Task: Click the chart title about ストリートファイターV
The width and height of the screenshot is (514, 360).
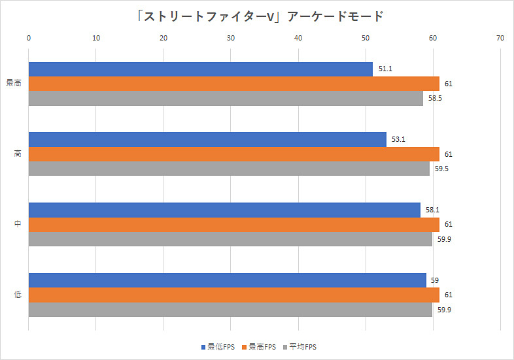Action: pyautogui.click(x=256, y=16)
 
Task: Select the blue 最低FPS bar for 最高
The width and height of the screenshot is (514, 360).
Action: pyautogui.click(x=200, y=69)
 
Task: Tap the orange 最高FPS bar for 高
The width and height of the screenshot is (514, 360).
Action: pyautogui.click(x=233, y=154)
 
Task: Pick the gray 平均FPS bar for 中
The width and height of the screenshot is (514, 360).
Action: pyautogui.click(x=230, y=238)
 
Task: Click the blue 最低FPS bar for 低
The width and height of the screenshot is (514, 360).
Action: pyautogui.click(x=227, y=280)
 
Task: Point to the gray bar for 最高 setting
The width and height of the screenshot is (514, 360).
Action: pyautogui.click(x=226, y=98)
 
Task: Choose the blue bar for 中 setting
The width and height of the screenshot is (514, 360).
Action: pyautogui.click(x=224, y=210)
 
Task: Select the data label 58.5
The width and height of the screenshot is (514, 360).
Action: pyautogui.click(x=434, y=98)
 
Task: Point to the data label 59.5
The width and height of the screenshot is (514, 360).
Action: pyautogui.click(x=441, y=169)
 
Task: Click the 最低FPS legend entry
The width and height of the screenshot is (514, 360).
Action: pyautogui.click(x=219, y=346)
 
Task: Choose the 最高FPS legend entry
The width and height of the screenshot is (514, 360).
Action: pyautogui.click(x=259, y=346)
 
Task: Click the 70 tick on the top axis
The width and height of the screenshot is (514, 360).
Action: pyautogui.click(x=500, y=39)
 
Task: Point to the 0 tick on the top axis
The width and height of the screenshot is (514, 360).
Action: pyautogui.click(x=29, y=39)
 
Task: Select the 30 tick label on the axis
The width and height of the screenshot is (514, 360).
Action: pyautogui.click(x=231, y=39)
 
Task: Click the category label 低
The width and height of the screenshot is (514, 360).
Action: pyautogui.click(x=18, y=295)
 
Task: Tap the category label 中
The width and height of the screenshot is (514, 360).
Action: pyautogui.click(x=18, y=224)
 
